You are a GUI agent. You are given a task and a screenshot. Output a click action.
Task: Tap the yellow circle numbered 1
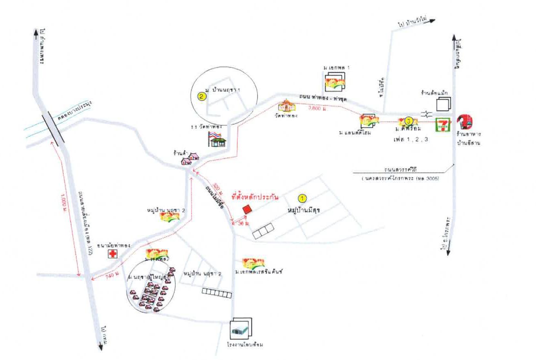[302, 199]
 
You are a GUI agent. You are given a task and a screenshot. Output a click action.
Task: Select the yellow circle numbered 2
[201, 96]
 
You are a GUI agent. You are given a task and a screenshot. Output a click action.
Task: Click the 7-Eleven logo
[443, 124]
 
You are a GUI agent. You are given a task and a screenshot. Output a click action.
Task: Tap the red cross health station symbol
[112, 254]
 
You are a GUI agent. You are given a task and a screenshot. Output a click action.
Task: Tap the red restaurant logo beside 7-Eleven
[465, 121]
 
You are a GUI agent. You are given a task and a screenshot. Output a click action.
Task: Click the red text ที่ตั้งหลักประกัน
[255, 198]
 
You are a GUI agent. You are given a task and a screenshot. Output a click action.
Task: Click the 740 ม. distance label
[110, 276]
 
